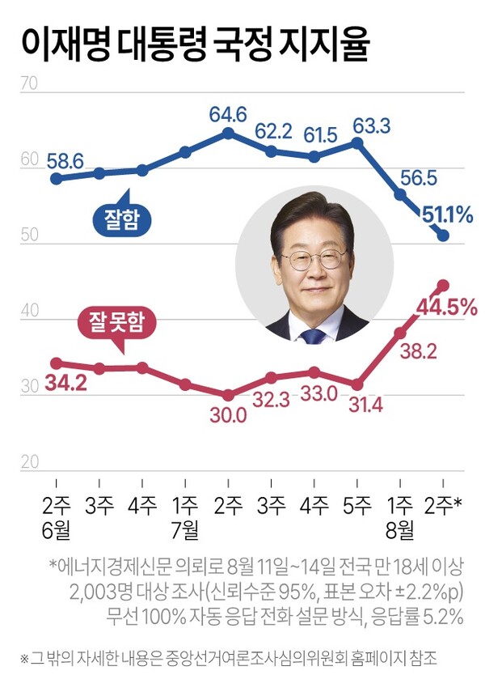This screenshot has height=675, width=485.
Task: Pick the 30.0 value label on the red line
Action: click(x=229, y=415)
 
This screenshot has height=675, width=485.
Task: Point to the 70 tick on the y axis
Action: click(x=28, y=83)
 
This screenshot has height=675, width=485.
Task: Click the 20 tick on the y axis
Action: click(x=28, y=462)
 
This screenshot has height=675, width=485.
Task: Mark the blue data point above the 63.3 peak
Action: click(x=357, y=143)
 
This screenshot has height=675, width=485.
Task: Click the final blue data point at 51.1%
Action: click(x=443, y=236)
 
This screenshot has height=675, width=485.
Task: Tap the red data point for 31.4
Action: click(x=357, y=384)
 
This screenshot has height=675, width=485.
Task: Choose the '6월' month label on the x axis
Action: click(x=57, y=530)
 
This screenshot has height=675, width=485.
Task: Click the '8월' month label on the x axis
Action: click(x=400, y=530)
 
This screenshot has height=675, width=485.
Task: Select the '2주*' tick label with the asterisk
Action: click(x=445, y=506)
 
